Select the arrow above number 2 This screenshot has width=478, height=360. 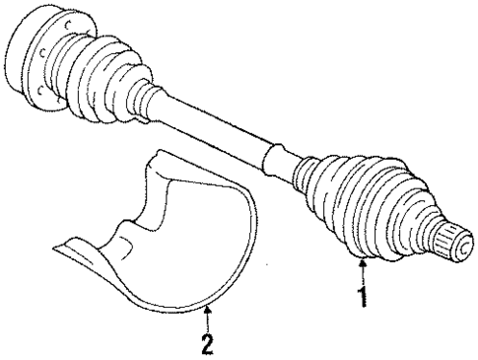(x=207, y=318)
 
